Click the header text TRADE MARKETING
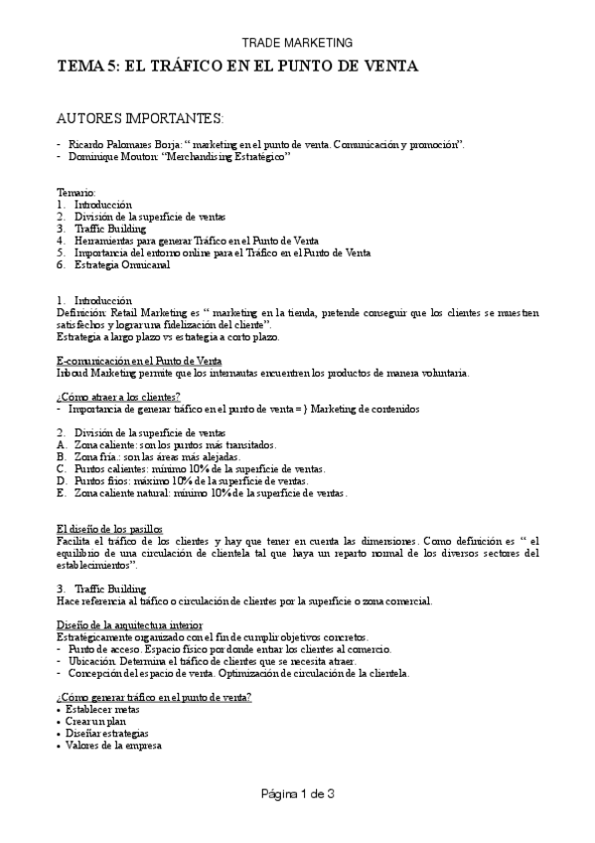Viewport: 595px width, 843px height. point(298,43)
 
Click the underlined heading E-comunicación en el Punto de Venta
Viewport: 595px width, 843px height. point(139,360)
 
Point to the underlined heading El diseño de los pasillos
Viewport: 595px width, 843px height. point(110,528)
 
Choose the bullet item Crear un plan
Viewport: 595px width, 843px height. point(97,721)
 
